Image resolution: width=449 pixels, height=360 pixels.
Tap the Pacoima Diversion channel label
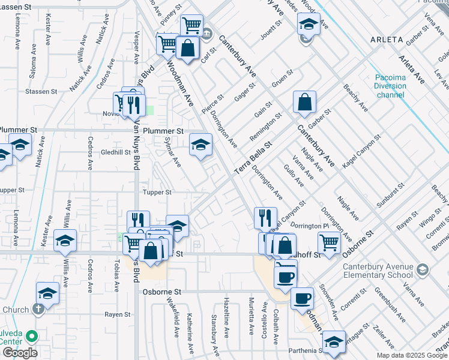390,86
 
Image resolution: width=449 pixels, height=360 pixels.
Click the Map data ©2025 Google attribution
412,355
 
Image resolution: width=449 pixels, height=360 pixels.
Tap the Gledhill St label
115,152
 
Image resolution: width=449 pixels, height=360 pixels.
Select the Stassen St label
41,92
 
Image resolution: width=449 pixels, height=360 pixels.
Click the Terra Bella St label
253,158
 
